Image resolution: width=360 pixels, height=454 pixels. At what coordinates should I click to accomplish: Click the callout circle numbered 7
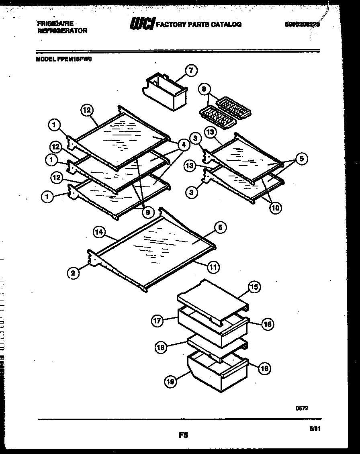point(190,71)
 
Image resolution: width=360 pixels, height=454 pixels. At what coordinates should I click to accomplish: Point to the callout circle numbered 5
point(302,159)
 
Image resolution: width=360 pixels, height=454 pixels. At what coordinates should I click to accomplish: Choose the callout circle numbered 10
point(276,208)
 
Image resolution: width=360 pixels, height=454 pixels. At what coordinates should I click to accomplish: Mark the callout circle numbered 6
point(219,227)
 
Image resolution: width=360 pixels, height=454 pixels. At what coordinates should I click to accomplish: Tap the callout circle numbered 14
point(99,232)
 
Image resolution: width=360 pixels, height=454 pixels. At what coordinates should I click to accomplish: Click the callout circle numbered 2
point(73,273)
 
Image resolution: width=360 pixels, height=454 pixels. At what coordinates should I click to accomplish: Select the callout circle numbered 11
point(213,265)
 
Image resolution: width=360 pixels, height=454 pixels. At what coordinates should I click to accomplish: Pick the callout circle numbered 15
point(254,286)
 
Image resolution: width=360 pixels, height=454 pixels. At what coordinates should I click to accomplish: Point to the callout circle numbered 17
point(157,321)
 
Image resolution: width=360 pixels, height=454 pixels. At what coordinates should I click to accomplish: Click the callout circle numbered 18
point(161,348)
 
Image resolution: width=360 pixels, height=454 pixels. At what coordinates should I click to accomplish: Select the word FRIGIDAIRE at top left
point(55,24)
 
